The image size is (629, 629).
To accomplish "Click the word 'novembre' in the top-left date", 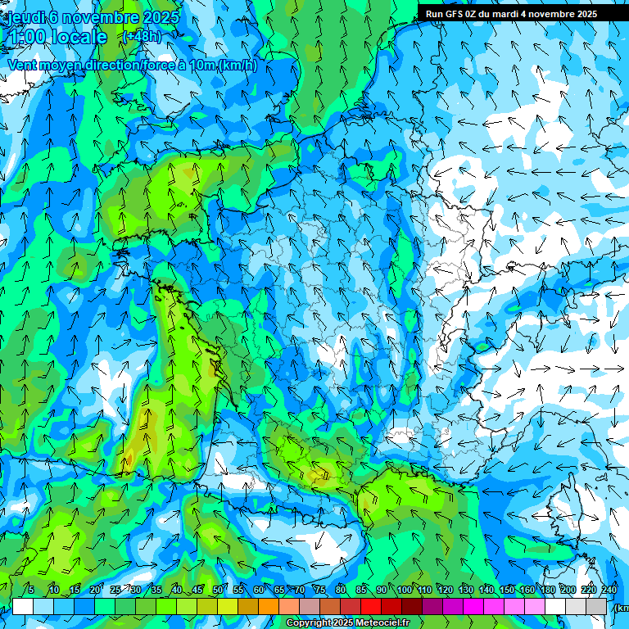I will click(100, 17).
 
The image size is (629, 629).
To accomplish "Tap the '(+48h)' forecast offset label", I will click(142, 36).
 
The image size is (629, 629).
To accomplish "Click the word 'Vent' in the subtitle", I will click(22, 66).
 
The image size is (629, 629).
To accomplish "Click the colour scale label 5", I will click(30, 591).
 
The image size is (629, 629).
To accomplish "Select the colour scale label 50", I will click(217, 591).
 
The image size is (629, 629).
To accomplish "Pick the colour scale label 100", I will click(404, 591).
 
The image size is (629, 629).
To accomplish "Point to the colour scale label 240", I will click(609, 591).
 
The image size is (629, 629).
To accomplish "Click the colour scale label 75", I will click(320, 591).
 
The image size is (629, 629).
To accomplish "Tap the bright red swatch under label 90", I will click(371, 606).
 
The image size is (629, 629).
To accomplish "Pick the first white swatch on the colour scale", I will click(23, 606).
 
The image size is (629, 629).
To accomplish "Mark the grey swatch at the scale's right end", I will click(597, 606).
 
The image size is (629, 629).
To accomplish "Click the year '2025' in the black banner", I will click(586, 14).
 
